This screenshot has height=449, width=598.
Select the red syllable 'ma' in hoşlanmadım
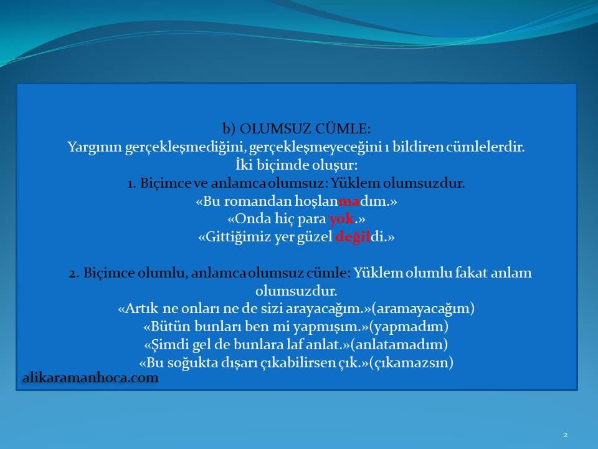coord(349,201)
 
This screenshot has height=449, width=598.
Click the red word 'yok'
coord(342,219)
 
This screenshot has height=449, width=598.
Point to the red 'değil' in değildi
coord(353,237)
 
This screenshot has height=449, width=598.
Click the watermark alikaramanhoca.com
coord(90,378)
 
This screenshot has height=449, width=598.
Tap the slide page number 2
coord(565,435)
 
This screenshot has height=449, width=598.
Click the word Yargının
coord(95,147)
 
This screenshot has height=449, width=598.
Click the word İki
coord(244,165)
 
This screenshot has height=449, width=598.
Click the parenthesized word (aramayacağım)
coord(423,309)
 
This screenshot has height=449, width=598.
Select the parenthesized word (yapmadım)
coord(409,326)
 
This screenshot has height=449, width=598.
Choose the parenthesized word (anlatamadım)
coord(399,344)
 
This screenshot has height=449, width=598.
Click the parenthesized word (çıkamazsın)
coord(411,363)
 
